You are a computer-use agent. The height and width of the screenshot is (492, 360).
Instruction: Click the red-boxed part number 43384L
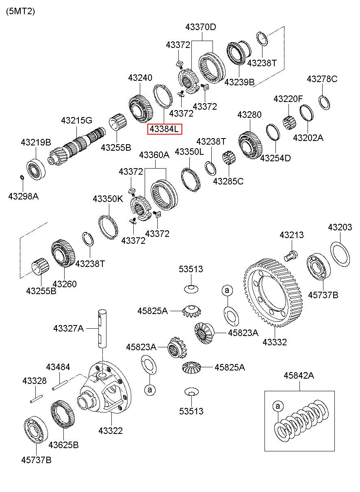click(165, 129)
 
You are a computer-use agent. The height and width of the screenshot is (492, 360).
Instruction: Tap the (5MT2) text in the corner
click(20, 11)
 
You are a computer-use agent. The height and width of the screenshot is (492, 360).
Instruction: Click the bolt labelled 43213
click(291, 256)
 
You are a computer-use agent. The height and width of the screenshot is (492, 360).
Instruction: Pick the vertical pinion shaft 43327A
click(102, 329)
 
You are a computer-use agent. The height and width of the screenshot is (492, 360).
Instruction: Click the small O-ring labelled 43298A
click(22, 177)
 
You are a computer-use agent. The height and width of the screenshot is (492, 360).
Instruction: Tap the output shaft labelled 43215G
click(76, 146)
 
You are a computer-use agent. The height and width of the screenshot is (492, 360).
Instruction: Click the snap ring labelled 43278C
click(324, 102)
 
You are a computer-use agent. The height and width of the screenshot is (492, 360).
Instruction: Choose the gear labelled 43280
click(250, 145)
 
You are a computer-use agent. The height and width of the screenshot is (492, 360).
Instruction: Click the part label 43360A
click(154, 155)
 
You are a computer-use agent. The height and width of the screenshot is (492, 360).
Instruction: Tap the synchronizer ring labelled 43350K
click(108, 228)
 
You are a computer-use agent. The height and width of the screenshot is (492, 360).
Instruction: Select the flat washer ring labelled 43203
click(340, 254)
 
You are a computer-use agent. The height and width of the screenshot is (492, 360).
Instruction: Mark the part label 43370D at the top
click(201, 27)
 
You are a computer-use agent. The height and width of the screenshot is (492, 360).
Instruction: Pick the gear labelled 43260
click(63, 253)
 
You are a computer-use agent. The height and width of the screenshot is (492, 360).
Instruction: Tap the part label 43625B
click(63, 445)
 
